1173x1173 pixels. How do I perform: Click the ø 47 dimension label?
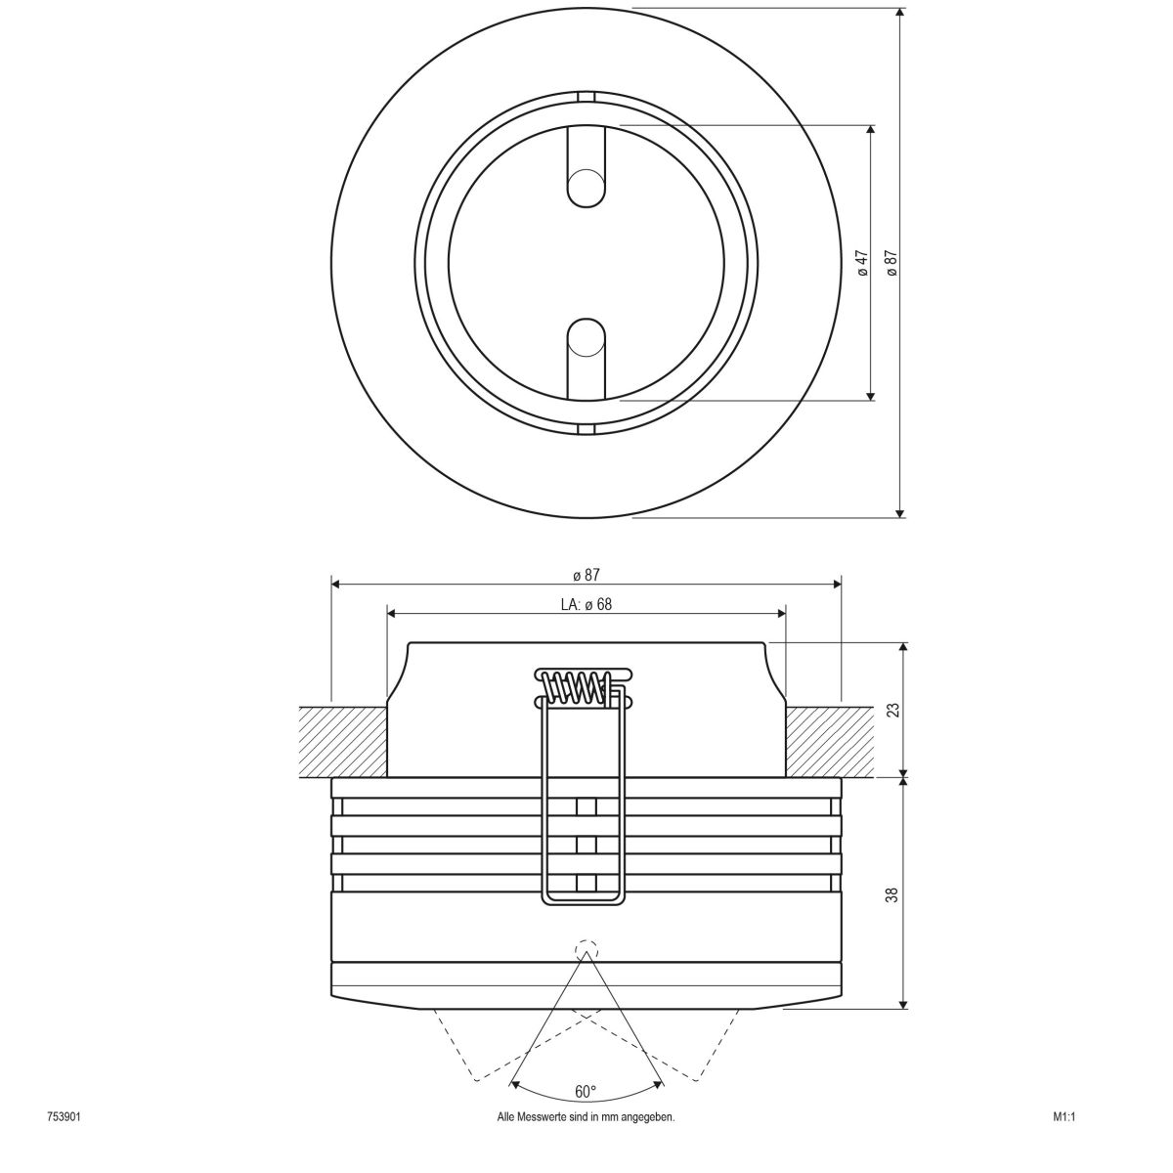coord(862,263)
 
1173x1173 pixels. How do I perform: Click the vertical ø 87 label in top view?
coord(891,263)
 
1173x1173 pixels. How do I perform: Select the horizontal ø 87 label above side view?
coord(586,575)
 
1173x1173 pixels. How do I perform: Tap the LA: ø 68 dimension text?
coord(586,604)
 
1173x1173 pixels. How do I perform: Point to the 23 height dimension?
coord(891,710)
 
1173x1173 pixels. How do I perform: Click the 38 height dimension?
coord(891,893)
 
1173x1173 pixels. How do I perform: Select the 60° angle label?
coord(586,1091)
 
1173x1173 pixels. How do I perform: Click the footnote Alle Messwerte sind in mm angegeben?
coord(586,1116)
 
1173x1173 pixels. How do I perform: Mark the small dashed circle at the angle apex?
coord(586,949)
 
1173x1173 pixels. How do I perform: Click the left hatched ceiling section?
coord(342,741)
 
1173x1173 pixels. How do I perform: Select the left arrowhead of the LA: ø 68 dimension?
coord(393,614)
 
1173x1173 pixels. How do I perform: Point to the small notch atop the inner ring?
coord(586,96)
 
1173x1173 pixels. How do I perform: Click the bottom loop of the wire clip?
coord(582,899)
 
